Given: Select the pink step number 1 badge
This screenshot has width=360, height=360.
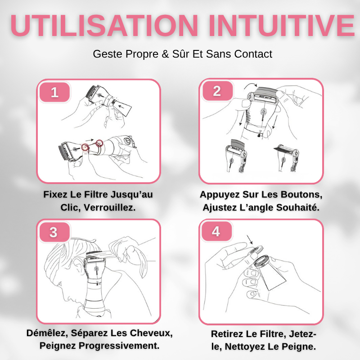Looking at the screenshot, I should pyautogui.click(x=55, y=92).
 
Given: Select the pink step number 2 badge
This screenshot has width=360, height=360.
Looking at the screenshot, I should pyautogui.click(x=217, y=91).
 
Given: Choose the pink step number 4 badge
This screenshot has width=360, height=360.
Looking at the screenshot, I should pyautogui.click(x=216, y=232).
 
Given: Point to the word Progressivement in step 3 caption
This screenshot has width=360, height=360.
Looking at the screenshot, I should pyautogui.click(x=119, y=346).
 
